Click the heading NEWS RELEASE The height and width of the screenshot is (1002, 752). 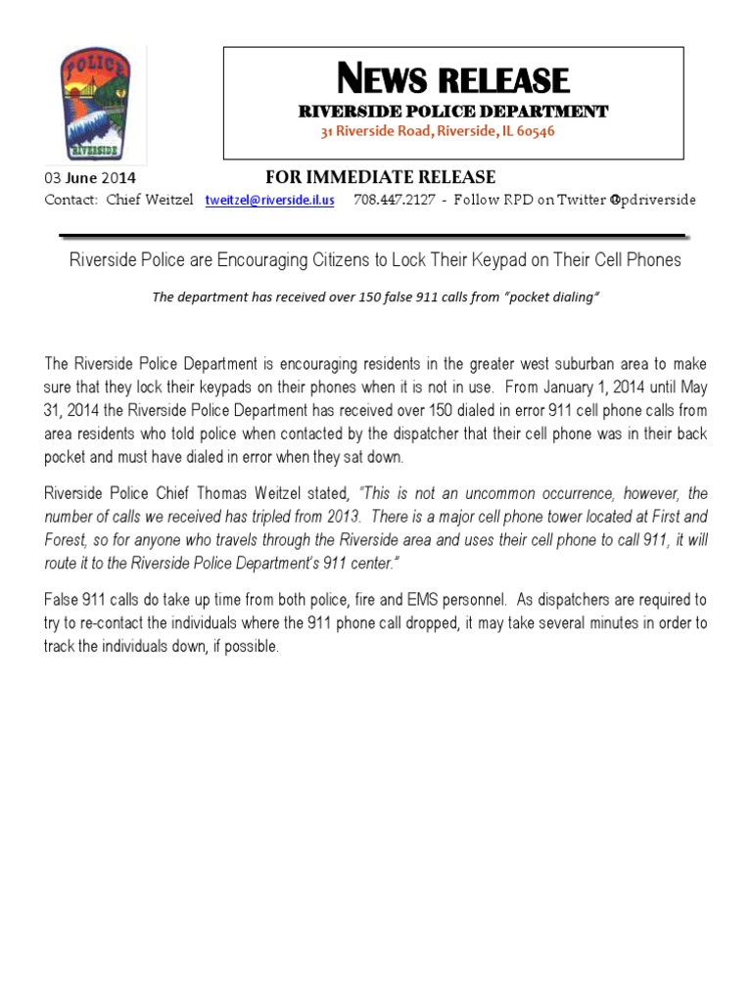point(452,79)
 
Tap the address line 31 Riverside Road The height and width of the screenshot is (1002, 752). point(439,131)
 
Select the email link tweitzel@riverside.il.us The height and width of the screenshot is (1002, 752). point(269,200)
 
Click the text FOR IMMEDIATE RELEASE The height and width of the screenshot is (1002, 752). point(381,177)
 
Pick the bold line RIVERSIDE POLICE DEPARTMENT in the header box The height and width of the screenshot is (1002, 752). point(453,112)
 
